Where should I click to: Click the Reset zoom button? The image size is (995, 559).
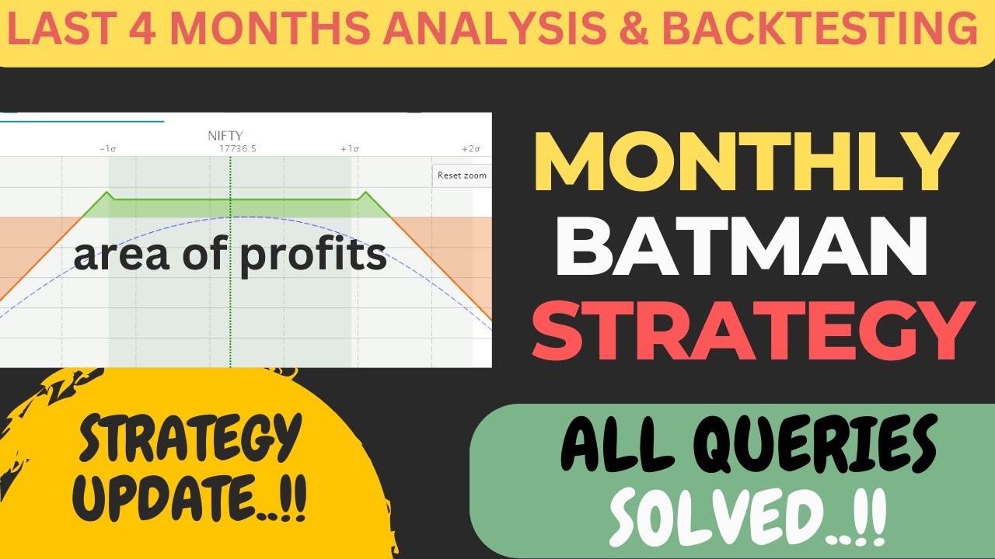pos(461,175)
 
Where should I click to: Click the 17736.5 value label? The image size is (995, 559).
pos(238,148)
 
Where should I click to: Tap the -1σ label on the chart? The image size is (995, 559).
pos(108,148)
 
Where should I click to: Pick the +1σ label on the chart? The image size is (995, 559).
pos(349,148)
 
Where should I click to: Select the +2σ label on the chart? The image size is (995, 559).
pos(471,148)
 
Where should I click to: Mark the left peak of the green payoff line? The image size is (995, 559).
pos(107,193)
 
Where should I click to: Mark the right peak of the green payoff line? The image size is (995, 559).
pos(365,193)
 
